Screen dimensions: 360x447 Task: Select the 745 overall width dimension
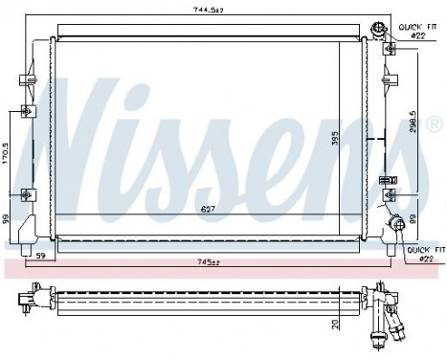pos(209,260)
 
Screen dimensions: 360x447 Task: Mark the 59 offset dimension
pos(41,256)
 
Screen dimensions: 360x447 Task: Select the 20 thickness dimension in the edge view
pos(335,323)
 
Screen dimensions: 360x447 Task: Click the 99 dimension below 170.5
pos(7,219)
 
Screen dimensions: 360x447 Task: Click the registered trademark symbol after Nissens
pos(433,125)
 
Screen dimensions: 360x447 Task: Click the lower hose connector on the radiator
pos(394,228)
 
